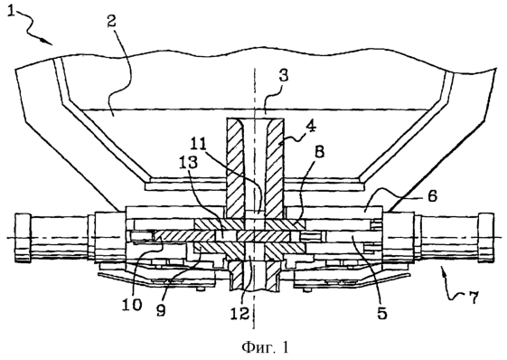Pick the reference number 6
pos(432,195)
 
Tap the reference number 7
pos(473,298)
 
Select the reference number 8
pos(319,152)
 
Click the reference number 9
pos(161,309)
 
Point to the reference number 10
pos(132,304)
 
